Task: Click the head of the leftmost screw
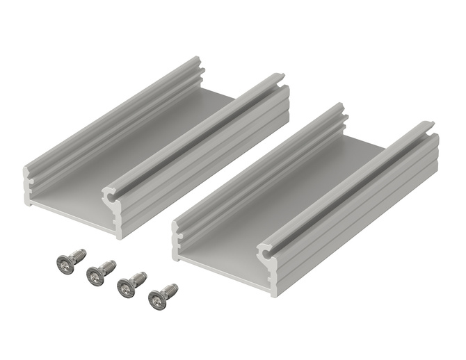[65, 263]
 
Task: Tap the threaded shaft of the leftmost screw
[78, 255]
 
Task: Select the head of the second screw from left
[95, 277]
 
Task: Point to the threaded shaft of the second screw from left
[108, 267]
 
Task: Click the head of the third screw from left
[126, 288]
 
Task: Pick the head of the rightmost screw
[157, 300]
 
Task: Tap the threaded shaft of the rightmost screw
[170, 290]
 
